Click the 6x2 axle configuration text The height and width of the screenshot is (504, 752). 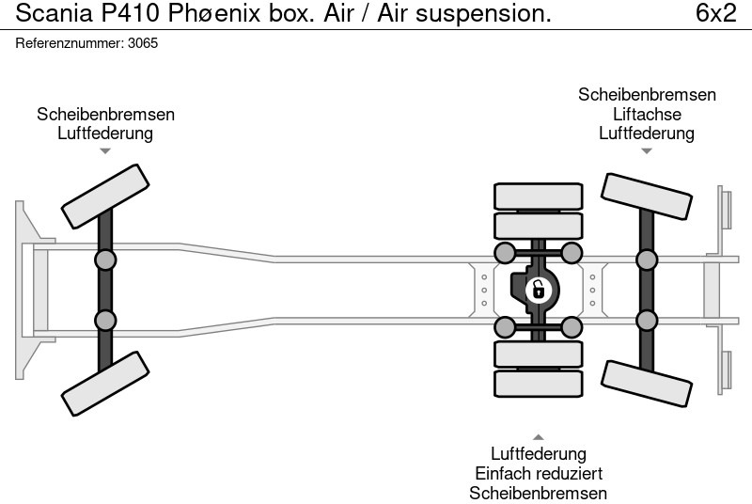pos(715,13)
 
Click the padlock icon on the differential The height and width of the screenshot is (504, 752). pos(538,289)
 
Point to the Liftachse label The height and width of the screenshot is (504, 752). pos(647,114)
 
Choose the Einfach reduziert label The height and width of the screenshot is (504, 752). pos(539,474)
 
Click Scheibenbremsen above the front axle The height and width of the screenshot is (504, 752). pos(105,114)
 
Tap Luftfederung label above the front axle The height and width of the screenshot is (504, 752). pos(105,133)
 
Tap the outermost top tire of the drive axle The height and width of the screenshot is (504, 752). pos(537,196)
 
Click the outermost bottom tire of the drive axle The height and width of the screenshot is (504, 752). pos(537,384)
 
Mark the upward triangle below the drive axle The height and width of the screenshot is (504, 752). pos(539,436)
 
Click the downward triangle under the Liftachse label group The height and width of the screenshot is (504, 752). pos(647,150)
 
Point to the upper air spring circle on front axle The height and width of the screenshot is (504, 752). pos(105,260)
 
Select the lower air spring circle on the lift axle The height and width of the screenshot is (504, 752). pos(647,321)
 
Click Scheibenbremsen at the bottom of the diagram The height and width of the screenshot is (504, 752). pos(539,494)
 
